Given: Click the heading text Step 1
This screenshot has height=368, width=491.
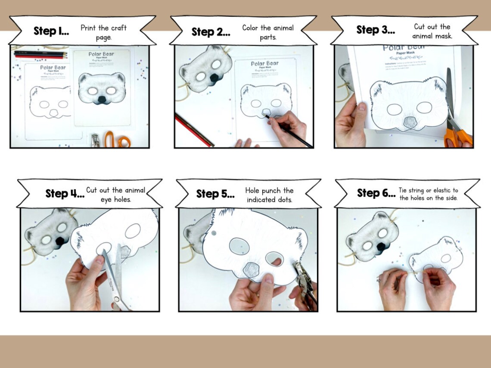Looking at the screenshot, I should pyautogui.click(x=51, y=31).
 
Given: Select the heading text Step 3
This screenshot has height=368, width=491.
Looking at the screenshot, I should pyautogui.click(x=376, y=30).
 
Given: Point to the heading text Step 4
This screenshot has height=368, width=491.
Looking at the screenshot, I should pyautogui.click(x=65, y=194).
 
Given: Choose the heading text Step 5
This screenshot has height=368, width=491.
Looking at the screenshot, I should pyautogui.click(x=215, y=194).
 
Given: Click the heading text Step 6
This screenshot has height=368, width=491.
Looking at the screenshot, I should pyautogui.click(x=376, y=193).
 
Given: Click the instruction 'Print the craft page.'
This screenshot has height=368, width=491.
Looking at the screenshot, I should pyautogui.click(x=103, y=32).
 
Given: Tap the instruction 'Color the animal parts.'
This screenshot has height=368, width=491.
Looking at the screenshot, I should pyautogui.click(x=267, y=32).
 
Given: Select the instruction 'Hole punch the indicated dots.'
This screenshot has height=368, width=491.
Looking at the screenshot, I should pyautogui.click(x=269, y=195).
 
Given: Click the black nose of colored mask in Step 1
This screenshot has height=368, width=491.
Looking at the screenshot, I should pyautogui.click(x=101, y=100).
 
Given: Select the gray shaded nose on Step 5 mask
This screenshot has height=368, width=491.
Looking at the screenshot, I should pyautogui.click(x=250, y=270).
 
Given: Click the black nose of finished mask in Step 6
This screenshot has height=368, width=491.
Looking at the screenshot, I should pyautogui.click(x=381, y=247).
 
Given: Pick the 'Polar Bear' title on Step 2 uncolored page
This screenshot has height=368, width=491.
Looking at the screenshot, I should pyautogui.click(x=265, y=64).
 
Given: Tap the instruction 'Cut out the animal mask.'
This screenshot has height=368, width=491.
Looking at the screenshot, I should pyautogui.click(x=432, y=31).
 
